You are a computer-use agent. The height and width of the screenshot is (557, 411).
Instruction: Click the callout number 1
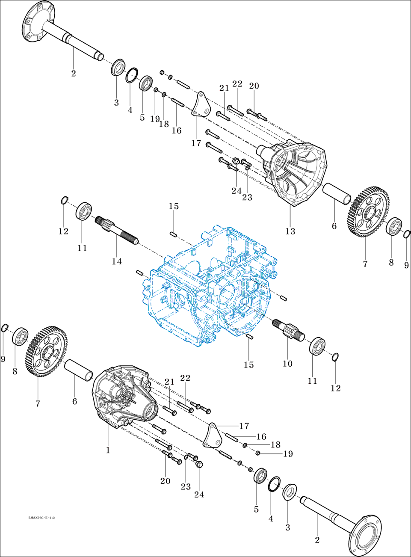point(108,450)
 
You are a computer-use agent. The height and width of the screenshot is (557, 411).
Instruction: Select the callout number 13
point(290,231)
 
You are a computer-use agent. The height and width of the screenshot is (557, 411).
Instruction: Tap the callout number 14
point(117,261)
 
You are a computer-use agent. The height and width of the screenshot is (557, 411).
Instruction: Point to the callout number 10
point(287,363)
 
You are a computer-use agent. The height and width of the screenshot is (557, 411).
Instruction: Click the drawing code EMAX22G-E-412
point(41,518)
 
